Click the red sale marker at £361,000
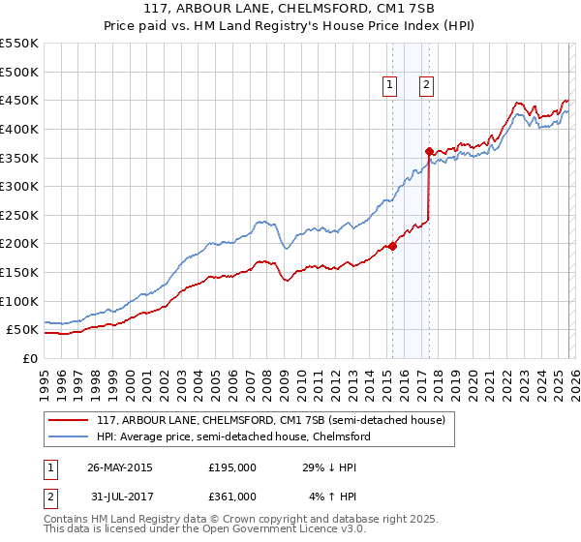429,151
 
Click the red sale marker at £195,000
392,246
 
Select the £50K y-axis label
23,330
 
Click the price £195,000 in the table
232,467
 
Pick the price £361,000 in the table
232,497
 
